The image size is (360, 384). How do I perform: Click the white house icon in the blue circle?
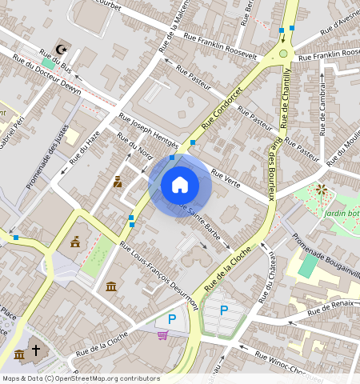coord(180,185)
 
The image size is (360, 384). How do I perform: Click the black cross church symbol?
coord(35,350)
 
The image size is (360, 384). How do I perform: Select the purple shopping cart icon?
coord(162,335)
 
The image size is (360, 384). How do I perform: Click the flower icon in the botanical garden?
coord(321,190)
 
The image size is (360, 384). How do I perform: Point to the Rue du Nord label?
coord(134,146)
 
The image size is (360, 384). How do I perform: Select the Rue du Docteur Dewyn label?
coord(47,78)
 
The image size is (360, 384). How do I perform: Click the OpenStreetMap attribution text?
coord(81,378)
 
